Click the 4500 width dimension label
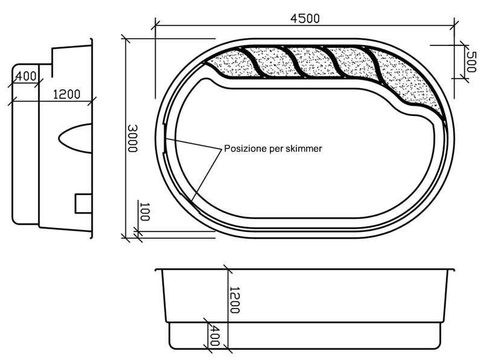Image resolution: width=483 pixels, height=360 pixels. click(x=305, y=18)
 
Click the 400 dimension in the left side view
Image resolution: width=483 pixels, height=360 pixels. click(x=26, y=76)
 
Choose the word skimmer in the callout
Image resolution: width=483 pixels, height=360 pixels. click(x=304, y=148)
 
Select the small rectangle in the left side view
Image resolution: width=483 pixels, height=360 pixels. click(x=83, y=204)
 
